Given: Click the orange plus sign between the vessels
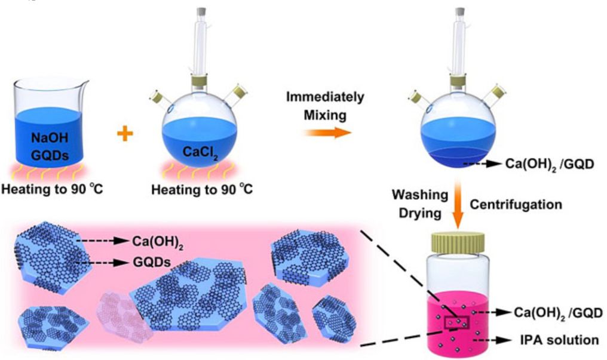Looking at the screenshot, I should tap(124, 135).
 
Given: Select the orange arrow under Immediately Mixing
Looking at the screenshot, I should tap(326, 131).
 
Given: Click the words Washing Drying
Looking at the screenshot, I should tap(419, 204).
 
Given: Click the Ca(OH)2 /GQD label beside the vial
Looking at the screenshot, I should tap(557, 312).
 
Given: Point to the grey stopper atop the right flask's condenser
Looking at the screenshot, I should tap(460, 11).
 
